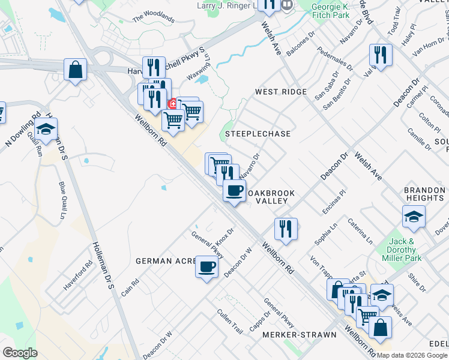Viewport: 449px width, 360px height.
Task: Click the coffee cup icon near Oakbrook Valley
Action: click(234, 191)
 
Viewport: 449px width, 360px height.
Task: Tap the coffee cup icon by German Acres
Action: click(206, 266)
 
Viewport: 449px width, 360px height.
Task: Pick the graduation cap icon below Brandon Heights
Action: click(414, 216)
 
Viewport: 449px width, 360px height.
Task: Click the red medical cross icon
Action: click(173, 103)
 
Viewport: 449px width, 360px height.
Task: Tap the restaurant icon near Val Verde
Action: click(381, 55)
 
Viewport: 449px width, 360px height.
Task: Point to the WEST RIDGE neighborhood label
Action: click(280, 92)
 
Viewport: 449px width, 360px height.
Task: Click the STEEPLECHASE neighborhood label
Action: click(258, 134)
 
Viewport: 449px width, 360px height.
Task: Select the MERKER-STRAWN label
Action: click(292, 334)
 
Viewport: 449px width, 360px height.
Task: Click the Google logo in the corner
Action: click(20, 353)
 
